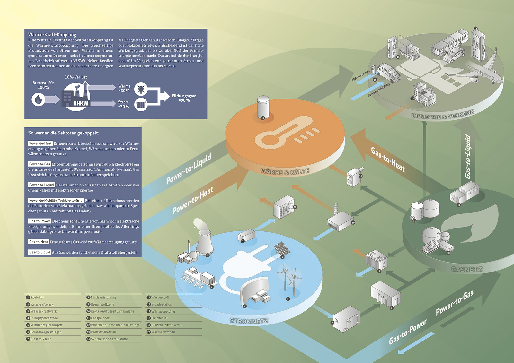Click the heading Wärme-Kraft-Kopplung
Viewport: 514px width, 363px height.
[x=52, y=35]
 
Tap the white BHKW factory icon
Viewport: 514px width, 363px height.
[x=76, y=96]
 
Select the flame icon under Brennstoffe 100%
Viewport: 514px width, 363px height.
[x=38, y=99]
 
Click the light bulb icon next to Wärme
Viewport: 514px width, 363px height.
[x=141, y=89]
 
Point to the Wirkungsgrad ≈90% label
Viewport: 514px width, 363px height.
[x=184, y=98]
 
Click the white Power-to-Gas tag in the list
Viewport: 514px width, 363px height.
[x=40, y=164]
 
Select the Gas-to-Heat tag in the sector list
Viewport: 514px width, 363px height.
[x=39, y=242]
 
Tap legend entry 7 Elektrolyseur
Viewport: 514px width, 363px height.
[x=40, y=339]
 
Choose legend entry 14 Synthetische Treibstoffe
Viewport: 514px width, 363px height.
[x=109, y=339]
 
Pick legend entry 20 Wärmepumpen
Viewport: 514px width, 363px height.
[x=163, y=332]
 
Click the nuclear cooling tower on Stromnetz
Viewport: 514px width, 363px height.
[x=204, y=242]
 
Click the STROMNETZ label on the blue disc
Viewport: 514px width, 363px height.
[x=249, y=321]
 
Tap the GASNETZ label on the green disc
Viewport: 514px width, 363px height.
[x=466, y=269]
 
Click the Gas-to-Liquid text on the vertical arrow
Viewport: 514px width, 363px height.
[x=468, y=156]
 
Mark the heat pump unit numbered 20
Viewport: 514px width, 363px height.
[x=284, y=207]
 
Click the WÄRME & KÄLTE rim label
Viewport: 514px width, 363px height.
[x=285, y=172]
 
